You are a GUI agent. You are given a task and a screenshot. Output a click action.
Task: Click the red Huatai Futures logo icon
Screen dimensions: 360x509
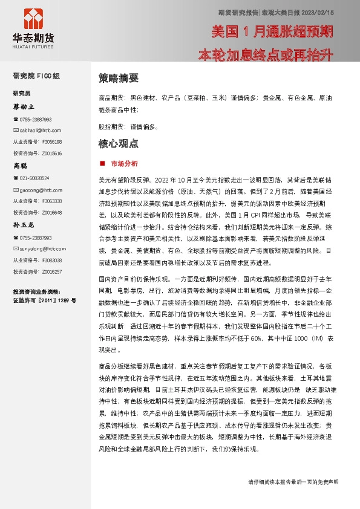32,19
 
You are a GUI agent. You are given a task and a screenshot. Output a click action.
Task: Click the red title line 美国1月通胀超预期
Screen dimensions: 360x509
272,31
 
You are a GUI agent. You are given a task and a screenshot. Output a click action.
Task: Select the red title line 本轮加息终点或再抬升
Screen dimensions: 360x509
266,56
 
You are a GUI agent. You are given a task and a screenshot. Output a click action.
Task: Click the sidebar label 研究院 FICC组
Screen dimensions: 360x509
36,76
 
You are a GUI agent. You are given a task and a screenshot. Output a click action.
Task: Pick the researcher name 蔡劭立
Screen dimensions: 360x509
25,106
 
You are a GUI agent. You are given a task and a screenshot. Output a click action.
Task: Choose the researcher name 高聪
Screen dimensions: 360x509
21,165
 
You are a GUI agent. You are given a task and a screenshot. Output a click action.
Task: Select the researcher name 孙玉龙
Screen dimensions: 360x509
25,224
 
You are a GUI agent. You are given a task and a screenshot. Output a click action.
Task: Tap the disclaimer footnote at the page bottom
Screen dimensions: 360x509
293,499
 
